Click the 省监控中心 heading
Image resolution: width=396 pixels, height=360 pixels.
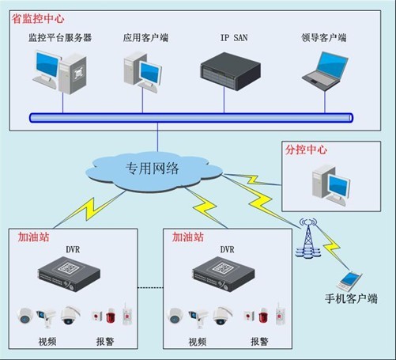tap(38, 19)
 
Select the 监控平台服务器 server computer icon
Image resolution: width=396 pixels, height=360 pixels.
tap(59, 71)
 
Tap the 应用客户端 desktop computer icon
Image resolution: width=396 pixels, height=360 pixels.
tap(142, 72)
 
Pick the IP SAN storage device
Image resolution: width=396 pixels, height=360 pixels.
tap(231, 71)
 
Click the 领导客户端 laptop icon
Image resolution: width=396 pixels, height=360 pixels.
tap(325, 71)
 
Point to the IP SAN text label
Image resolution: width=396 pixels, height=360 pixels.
tap(234, 38)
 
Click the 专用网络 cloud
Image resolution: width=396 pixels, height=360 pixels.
tap(154, 172)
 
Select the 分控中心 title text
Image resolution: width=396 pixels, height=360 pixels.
tap(306, 150)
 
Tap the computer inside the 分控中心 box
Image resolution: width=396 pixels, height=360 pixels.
tap(331, 185)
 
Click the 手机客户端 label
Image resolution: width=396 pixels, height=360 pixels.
tap(351, 299)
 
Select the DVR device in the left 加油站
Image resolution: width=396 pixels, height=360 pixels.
tap(69, 274)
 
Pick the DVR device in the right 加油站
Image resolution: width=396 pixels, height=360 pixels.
tap(224, 274)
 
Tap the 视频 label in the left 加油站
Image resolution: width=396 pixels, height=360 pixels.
tap(47, 342)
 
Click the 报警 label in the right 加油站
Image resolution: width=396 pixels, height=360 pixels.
tap(259, 342)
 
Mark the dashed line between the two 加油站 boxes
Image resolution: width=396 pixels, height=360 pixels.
tap(150, 288)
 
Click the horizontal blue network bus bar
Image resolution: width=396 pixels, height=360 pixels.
tap(191, 118)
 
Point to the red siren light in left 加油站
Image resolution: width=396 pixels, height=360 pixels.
tap(111, 316)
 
